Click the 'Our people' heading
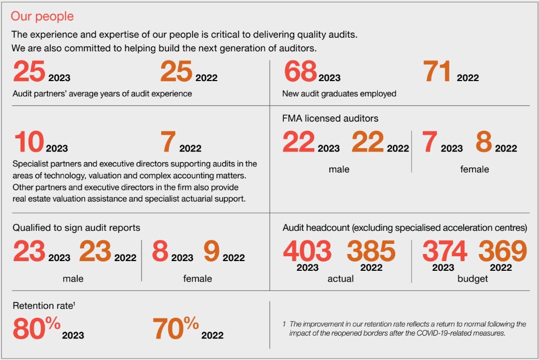(42, 16)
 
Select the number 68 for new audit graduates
(300, 72)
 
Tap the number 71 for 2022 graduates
(437, 72)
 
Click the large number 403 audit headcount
(307, 251)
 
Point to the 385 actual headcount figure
(371, 251)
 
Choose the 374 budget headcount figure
(444, 251)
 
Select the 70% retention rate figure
(176, 328)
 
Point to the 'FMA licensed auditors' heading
(330, 118)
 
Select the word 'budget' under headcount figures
(473, 279)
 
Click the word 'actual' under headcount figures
(341, 279)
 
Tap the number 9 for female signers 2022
(211, 252)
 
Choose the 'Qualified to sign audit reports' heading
(76, 228)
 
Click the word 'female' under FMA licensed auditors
(474, 169)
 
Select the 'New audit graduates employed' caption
(339, 94)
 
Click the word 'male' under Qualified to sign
(72, 279)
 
